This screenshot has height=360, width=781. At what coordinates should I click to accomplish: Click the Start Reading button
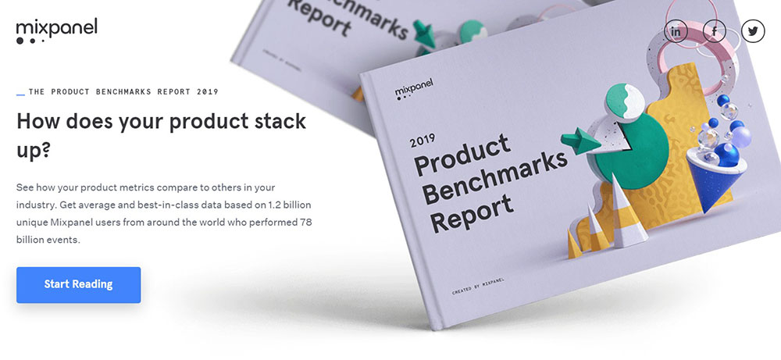tap(79, 285)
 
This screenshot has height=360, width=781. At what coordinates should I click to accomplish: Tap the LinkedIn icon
tap(676, 31)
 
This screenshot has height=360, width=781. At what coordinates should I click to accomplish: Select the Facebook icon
tap(715, 31)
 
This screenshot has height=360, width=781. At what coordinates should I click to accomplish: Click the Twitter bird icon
tap(753, 31)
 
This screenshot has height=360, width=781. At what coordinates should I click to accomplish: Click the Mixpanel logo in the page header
tap(56, 31)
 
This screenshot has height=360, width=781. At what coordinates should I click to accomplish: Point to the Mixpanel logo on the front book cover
tap(413, 88)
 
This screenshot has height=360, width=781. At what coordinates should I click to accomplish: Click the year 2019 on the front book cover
tap(423, 140)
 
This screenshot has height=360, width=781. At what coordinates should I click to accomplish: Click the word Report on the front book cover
tap(471, 212)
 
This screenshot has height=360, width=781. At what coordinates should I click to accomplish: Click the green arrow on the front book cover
tap(580, 141)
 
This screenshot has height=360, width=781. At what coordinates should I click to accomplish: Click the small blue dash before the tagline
tap(20, 94)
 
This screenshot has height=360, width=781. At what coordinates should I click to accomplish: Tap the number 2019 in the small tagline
tap(207, 91)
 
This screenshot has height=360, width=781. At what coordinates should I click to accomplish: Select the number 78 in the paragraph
tap(306, 222)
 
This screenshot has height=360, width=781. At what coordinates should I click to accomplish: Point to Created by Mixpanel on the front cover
tap(478, 286)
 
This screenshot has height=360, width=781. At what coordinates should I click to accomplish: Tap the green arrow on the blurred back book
tap(425, 34)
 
